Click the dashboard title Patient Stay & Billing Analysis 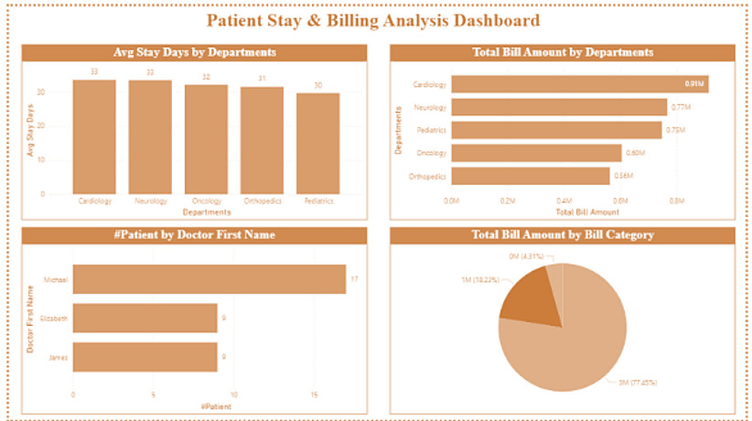point(372,20)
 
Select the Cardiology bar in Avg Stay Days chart point(94,137)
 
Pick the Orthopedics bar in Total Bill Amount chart point(530,176)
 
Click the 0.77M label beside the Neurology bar point(681,107)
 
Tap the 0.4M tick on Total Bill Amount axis point(564,200)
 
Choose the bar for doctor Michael point(209,279)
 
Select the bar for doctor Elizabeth point(145,318)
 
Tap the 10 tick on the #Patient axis point(234,395)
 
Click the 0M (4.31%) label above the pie point(527,256)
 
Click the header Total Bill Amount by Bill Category point(562,235)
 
